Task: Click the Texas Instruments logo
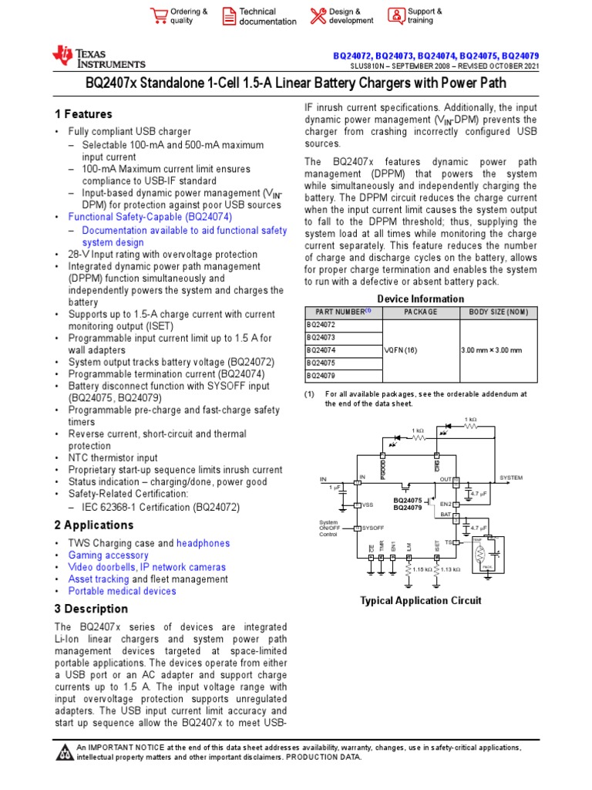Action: [98, 56]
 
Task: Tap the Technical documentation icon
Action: [230, 16]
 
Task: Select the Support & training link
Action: [395, 16]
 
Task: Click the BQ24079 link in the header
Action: [520, 56]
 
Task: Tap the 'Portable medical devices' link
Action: [123, 591]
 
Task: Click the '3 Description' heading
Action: [91, 609]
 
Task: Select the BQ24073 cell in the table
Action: [321, 337]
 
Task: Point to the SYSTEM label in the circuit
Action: [511, 478]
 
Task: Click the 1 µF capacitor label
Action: [335, 488]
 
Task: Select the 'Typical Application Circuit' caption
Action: [421, 600]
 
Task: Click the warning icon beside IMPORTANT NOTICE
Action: [65, 752]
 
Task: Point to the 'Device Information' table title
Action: [421, 299]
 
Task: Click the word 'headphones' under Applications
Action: [203, 543]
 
